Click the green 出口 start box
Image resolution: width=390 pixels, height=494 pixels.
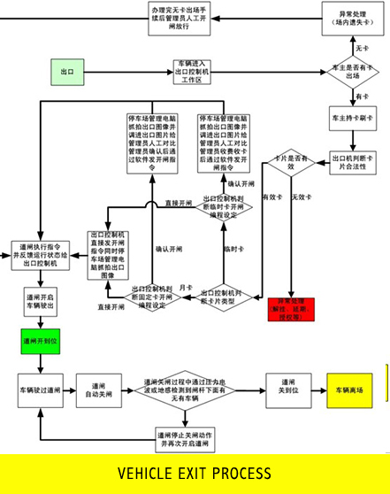[x=66, y=71]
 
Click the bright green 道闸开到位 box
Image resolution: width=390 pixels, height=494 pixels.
[x=41, y=340]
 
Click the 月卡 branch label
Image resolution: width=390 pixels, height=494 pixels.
[x=185, y=288]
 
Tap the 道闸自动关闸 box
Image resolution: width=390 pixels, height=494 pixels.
[x=99, y=390]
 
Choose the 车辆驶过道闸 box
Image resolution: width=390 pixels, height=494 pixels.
[x=41, y=390]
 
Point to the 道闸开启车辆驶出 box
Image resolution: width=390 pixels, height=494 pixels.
[x=41, y=302]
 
